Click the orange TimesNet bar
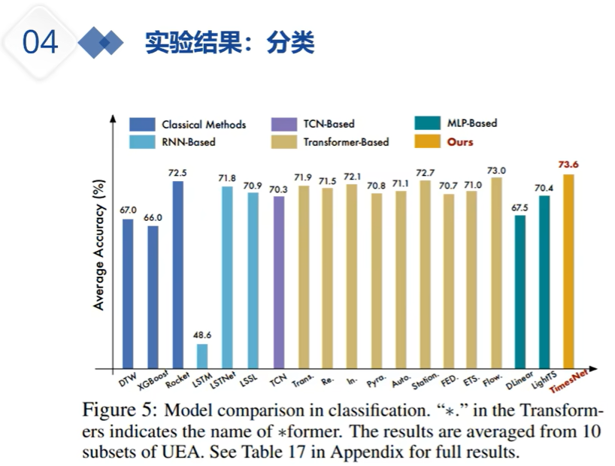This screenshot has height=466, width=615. tap(569, 271)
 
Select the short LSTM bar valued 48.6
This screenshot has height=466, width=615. tap(202, 356)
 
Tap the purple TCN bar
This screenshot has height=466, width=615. tap(279, 282)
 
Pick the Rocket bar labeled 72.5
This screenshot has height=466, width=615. tap(178, 275)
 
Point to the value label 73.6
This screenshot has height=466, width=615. tap(568, 165)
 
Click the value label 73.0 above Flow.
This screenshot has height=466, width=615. tap(496, 169)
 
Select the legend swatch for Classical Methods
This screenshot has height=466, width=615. tap(142, 124)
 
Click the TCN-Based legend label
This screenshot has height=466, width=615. tap(329, 123)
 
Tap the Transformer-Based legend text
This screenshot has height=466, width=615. tap(346, 141)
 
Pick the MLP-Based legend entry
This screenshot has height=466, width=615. tap(471, 123)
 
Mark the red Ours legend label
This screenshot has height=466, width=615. tap(460, 141)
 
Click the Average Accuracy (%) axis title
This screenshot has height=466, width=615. tap(98, 244)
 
